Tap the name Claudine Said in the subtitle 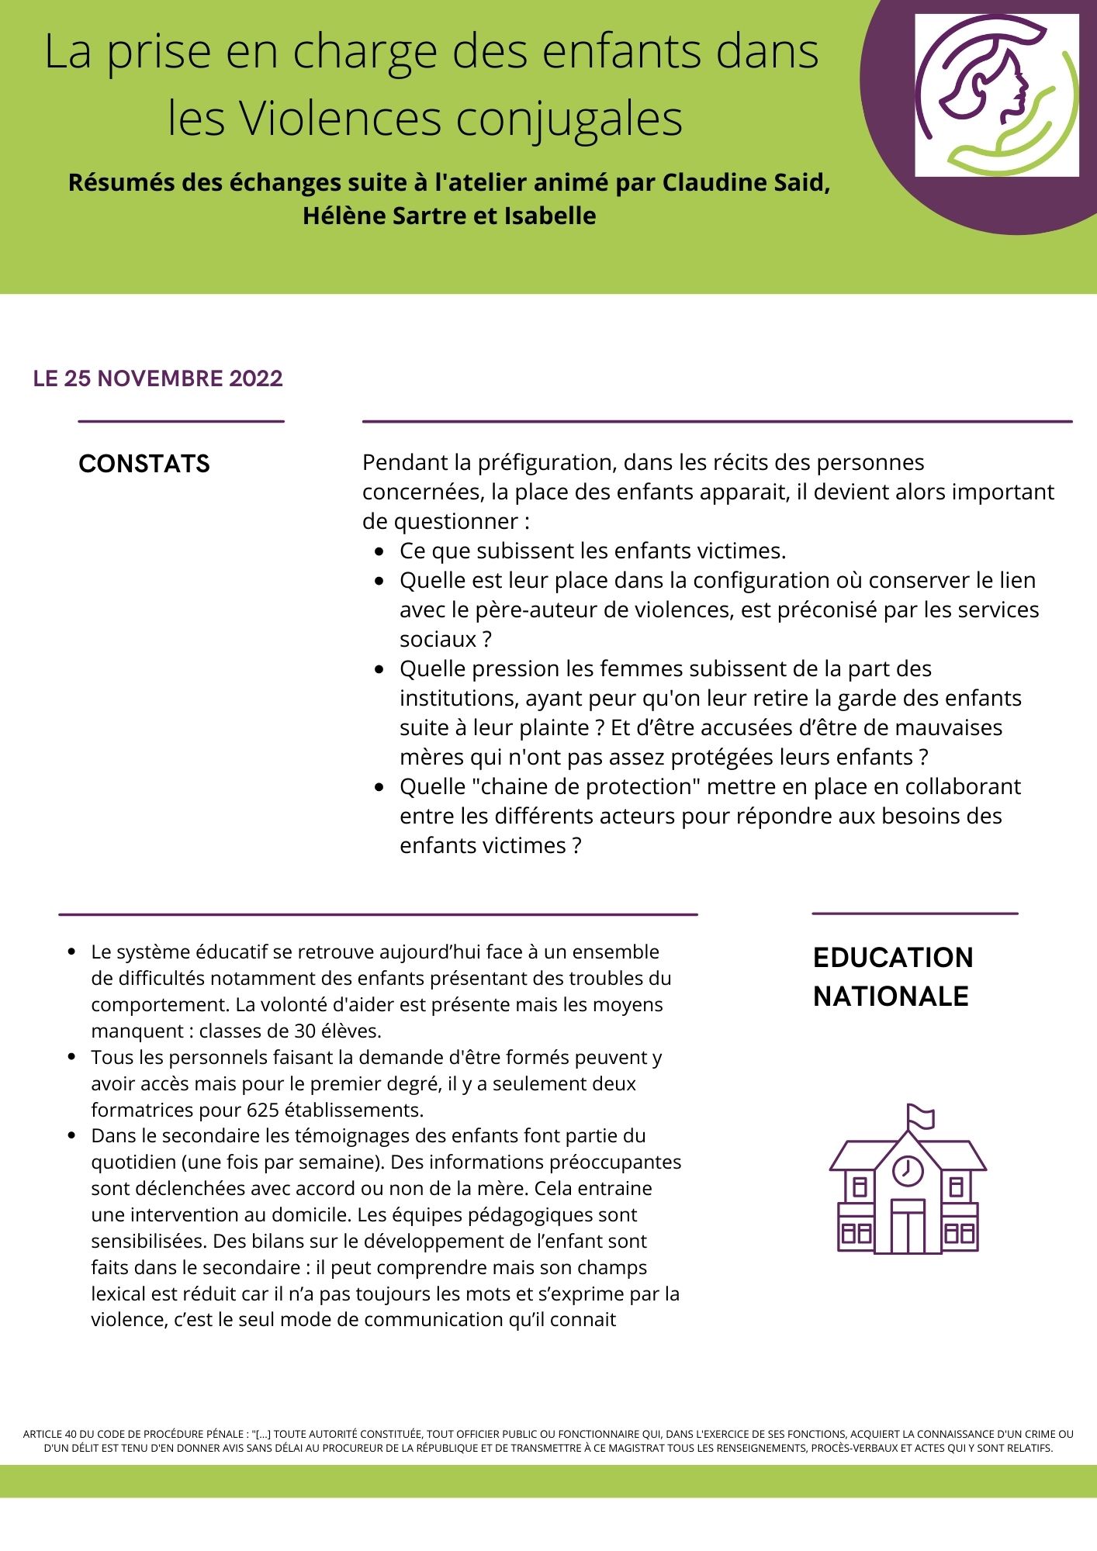pos(746,182)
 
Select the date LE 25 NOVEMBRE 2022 pos(157,378)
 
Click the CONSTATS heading pos(144,464)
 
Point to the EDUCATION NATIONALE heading pos(892,976)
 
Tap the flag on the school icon pos(921,1117)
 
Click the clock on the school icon pos(908,1169)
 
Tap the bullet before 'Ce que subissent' pos(379,551)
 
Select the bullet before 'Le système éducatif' pos(72,952)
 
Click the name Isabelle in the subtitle pos(550,216)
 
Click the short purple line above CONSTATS pos(181,421)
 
